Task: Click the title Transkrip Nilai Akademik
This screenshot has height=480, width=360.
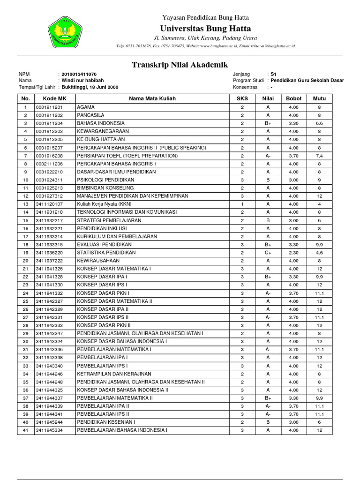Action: [x=180, y=65]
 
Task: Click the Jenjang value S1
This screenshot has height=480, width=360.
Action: [x=274, y=75]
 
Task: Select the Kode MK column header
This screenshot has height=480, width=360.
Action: [x=54, y=99]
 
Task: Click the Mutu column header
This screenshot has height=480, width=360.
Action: [x=319, y=99]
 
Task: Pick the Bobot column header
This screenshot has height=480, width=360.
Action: [x=293, y=99]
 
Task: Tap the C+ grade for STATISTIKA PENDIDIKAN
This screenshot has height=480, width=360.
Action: [x=268, y=253]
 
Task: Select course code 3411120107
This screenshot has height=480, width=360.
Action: [x=49, y=204]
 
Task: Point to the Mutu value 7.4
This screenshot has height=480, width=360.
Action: [x=319, y=156]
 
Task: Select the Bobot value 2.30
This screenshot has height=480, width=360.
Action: [x=293, y=253]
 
